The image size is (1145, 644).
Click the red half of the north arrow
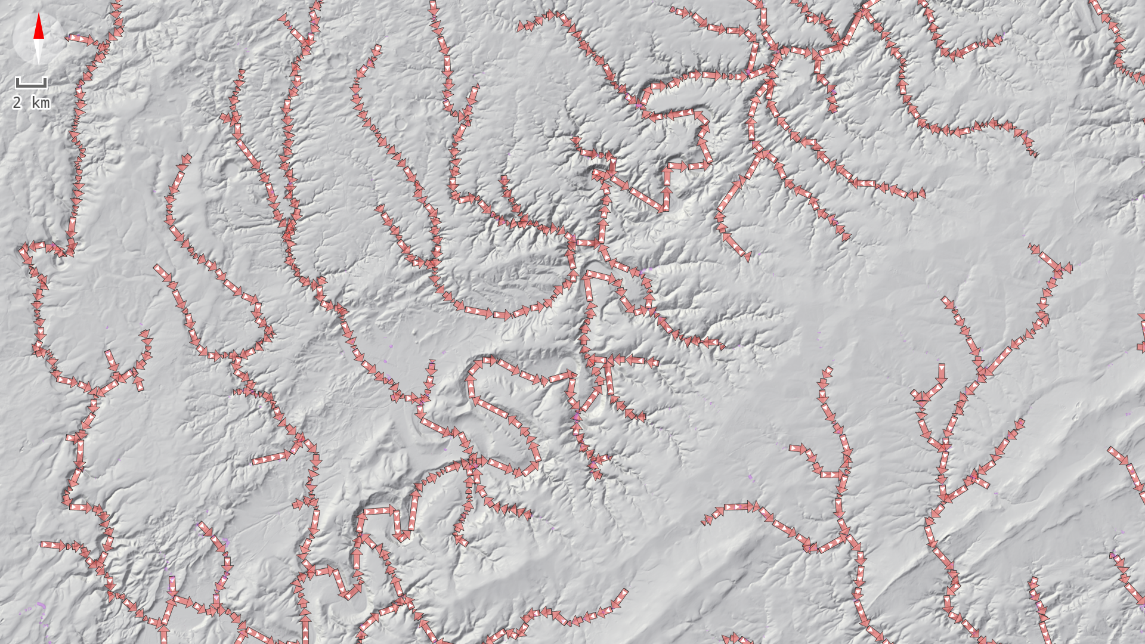pos(39,27)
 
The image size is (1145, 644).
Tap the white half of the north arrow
pos(39,51)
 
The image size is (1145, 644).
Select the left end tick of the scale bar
pos(17,82)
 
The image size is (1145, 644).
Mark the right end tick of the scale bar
pos(46,82)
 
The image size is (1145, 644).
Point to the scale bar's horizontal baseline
pos(31,87)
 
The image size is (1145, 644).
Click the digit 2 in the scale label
pos(17,103)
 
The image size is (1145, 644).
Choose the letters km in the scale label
pos(41,103)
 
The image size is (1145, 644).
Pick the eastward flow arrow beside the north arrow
pos(80,39)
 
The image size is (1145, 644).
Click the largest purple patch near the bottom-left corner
pos(41,606)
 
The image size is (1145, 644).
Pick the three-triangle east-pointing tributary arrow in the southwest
pos(54,544)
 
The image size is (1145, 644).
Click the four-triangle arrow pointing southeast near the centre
pos(492,408)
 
